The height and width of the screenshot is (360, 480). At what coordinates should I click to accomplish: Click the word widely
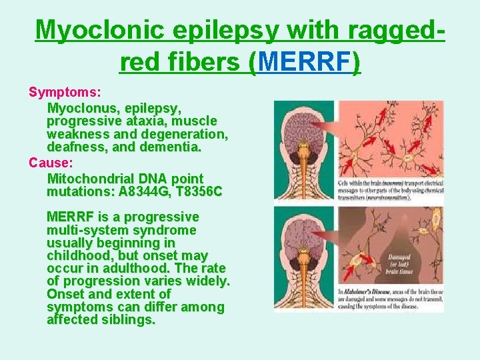click(207, 281)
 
